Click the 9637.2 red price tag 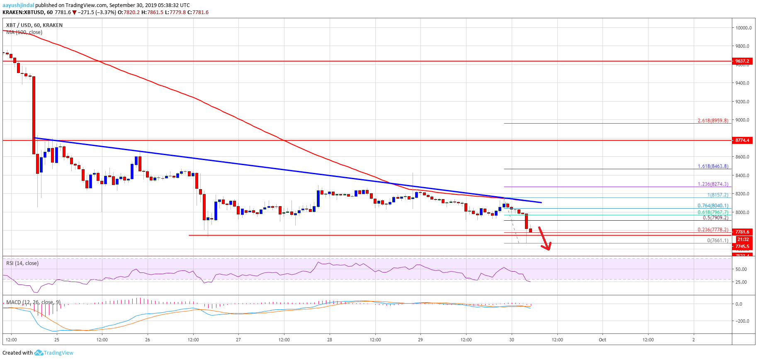tap(742, 61)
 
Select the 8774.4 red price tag tap(742, 140)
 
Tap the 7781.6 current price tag tap(742, 232)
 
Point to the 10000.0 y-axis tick tap(743, 28)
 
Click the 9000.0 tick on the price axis tap(743, 120)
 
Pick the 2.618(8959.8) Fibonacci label tap(713, 121)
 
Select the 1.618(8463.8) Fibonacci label tap(713, 166)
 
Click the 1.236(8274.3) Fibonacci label tap(713, 184)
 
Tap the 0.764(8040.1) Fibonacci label tap(713, 206)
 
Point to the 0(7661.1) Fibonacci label tap(717, 241)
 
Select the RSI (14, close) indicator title tap(22, 263)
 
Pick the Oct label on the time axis tap(603, 340)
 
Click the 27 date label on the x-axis tap(238, 340)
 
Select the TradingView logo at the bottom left tap(54, 353)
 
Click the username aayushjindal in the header tap(18, 5)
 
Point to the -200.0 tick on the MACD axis tap(742, 321)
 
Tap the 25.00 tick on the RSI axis tap(741, 282)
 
